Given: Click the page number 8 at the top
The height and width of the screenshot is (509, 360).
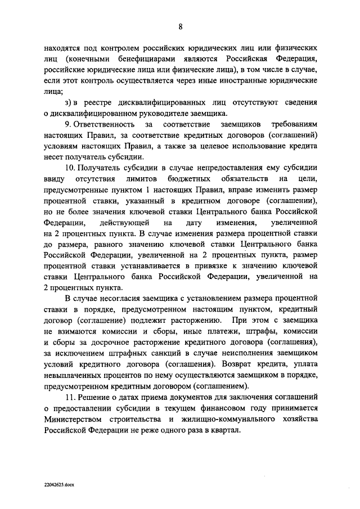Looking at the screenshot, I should tap(180, 25).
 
